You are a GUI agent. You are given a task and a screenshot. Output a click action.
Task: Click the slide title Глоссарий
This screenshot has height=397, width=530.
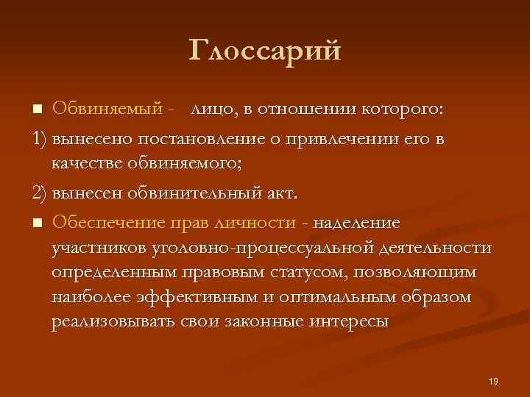[x=265, y=51]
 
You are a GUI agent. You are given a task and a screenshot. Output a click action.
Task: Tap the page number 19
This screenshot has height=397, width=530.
[x=493, y=380]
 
